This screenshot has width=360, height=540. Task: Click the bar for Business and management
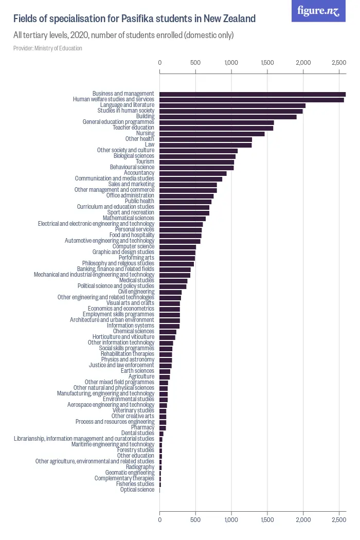tap(252, 94)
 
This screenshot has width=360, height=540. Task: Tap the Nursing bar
tap(212, 134)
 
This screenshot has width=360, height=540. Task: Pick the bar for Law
tap(205, 145)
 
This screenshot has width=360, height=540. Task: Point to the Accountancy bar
tap(193, 173)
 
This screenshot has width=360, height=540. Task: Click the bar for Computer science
tap(177, 247)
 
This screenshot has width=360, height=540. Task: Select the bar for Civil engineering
tap(170, 292)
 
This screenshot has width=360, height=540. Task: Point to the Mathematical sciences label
tap(128, 218)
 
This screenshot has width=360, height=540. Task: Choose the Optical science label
tap(137, 490)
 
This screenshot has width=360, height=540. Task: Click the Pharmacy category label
tap(142, 427)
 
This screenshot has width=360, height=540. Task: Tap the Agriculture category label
tap(141, 376)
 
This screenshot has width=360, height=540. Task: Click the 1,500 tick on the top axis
tap(267, 63)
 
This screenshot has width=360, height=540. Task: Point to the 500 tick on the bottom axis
tap(195, 520)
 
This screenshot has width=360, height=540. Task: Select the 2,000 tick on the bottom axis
tap(303, 520)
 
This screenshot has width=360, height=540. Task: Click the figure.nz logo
tap(318, 11)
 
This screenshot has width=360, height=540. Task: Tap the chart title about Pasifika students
tap(134, 19)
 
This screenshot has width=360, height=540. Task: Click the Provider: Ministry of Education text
tap(48, 48)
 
